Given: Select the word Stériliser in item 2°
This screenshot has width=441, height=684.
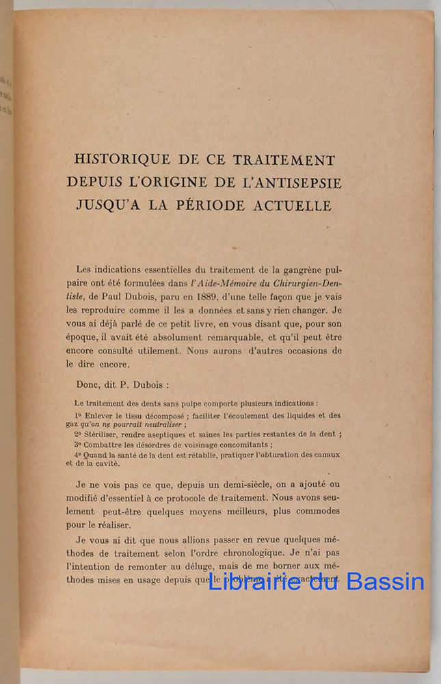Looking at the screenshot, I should click(104, 434).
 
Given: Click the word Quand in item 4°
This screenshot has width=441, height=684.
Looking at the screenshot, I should click(98, 453).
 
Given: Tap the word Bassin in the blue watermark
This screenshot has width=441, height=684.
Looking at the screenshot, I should click(385, 582).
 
